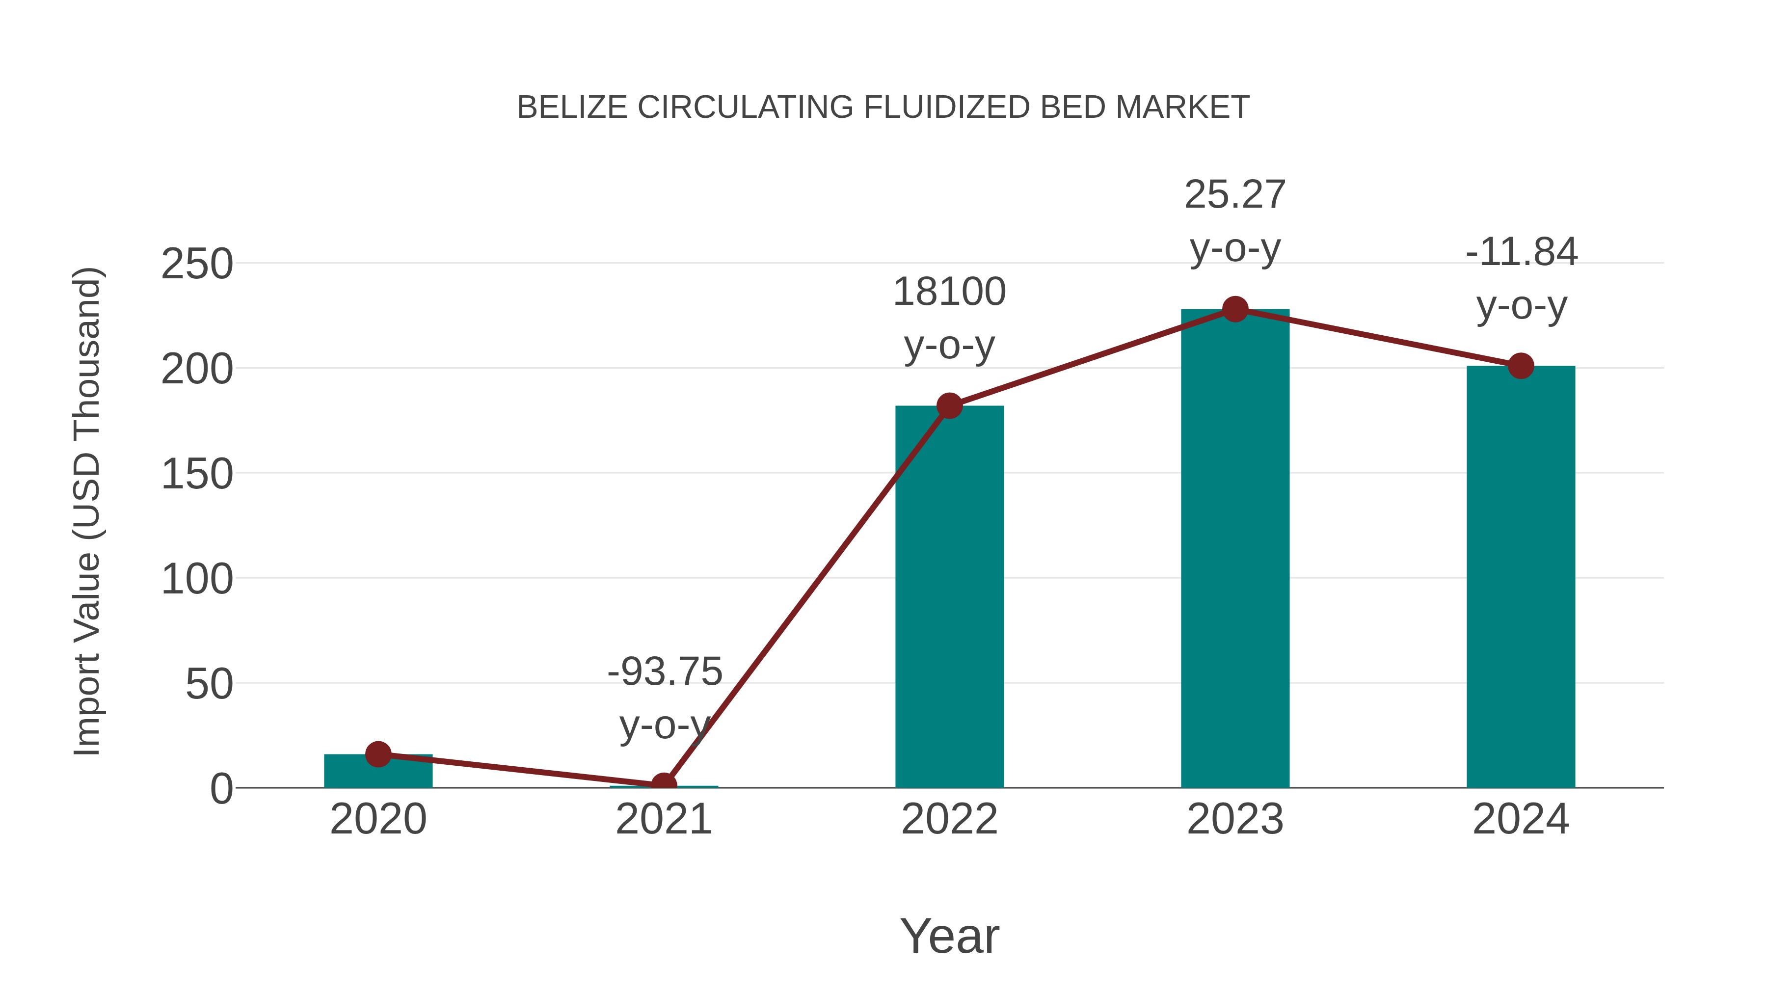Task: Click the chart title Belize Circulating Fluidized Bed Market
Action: pyautogui.click(x=883, y=107)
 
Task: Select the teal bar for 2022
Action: pyautogui.click(x=949, y=597)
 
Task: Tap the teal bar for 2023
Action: pyautogui.click(x=1235, y=549)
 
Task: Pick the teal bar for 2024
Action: pyautogui.click(x=1521, y=576)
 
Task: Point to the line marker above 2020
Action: pyautogui.click(x=378, y=754)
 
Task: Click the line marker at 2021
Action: pyautogui.click(x=663, y=785)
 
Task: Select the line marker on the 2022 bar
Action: pyautogui.click(x=949, y=406)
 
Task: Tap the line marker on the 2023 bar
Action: pyautogui.click(x=1235, y=309)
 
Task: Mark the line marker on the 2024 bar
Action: pyautogui.click(x=1521, y=366)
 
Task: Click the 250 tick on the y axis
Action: pyautogui.click(x=197, y=264)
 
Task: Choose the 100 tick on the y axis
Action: pyautogui.click(x=197, y=579)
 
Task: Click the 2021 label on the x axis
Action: pyautogui.click(x=663, y=819)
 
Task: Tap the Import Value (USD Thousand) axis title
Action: pyautogui.click(x=88, y=511)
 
